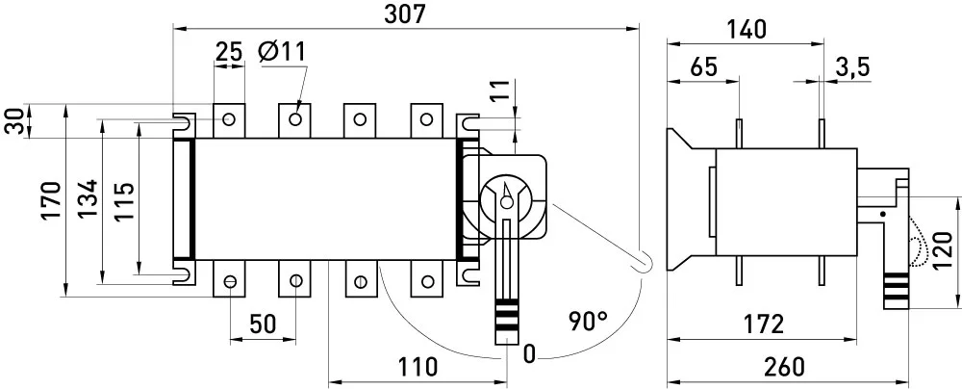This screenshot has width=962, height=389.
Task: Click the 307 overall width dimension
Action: click(x=404, y=14)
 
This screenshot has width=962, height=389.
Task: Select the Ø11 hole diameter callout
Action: click(x=282, y=52)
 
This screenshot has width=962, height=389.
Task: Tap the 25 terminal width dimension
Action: click(x=229, y=52)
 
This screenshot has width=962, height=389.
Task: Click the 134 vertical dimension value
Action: click(x=88, y=198)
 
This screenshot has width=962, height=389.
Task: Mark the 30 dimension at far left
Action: click(x=14, y=121)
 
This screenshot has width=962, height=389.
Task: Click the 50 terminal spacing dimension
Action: click(x=263, y=324)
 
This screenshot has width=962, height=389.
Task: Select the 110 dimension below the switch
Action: click(x=418, y=367)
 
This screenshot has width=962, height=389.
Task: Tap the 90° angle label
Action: click(x=588, y=322)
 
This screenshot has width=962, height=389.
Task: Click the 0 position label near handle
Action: click(x=529, y=354)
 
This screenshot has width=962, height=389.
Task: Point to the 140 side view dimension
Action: click(x=747, y=30)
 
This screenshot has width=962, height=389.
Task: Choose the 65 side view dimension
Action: click(x=703, y=67)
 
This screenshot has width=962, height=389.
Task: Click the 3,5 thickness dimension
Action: click(x=852, y=68)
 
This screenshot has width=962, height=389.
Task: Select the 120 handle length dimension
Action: click(x=942, y=250)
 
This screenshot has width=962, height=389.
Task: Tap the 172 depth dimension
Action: click(x=763, y=324)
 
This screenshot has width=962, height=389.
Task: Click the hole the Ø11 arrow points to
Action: click(x=295, y=118)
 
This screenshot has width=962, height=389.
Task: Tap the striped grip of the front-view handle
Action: click(x=506, y=314)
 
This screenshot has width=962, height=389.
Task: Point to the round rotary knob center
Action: click(x=506, y=201)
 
